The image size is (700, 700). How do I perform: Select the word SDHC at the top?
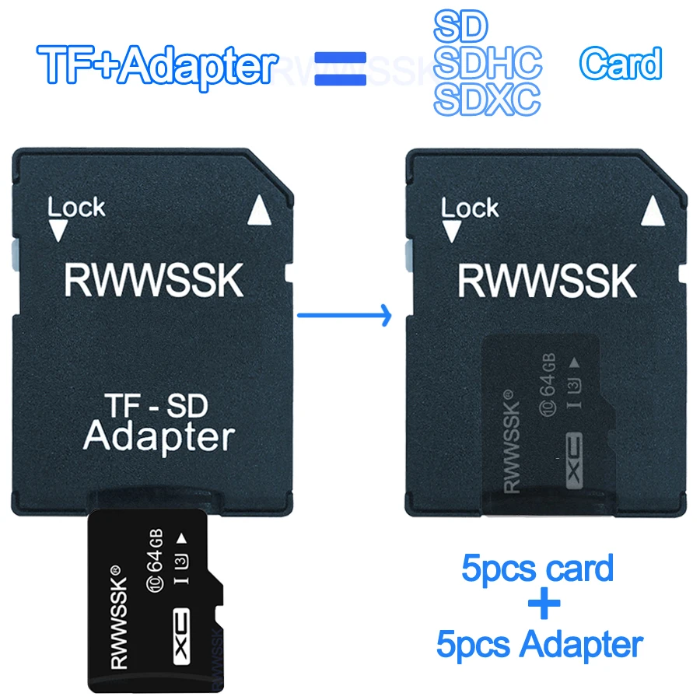point(488,62)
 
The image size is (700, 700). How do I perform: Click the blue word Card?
point(621,64)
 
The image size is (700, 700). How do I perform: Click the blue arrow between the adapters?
point(342,315)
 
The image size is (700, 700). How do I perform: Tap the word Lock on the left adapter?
point(76,208)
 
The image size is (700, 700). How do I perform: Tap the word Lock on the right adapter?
point(470,208)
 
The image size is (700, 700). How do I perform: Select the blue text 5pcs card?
point(537,568)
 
